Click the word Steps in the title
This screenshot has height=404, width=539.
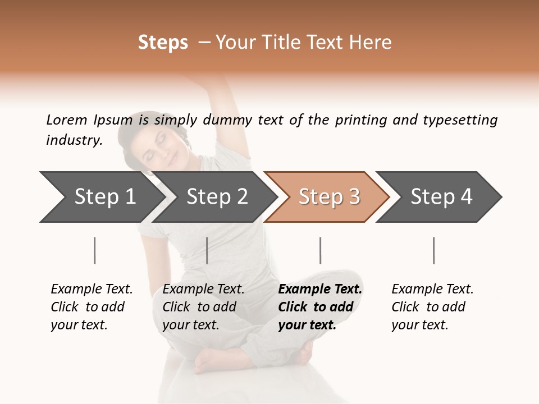[163, 43]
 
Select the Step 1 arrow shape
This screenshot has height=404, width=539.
[101, 197]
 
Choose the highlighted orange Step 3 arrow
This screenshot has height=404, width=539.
[328, 197]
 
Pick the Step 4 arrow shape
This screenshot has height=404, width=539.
[441, 197]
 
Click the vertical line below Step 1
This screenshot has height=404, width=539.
[95, 250]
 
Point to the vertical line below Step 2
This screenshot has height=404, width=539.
[207, 250]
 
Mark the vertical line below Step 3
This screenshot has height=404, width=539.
[320, 250]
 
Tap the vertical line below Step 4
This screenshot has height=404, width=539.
[433, 250]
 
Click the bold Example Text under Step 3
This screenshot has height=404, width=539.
[320, 290]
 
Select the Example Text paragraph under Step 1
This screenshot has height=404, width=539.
[92, 307]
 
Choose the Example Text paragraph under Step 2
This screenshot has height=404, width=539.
[203, 307]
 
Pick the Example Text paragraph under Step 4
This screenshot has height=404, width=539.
[432, 307]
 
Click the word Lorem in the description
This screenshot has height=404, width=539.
[67, 120]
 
